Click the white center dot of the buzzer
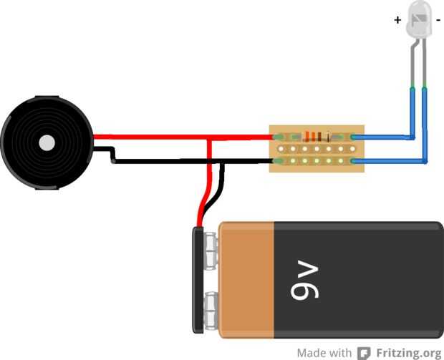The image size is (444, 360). pyautogui.click(x=47, y=142)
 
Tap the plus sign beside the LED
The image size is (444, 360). pyautogui.click(x=397, y=20)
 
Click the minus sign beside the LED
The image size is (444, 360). pyautogui.click(x=438, y=20)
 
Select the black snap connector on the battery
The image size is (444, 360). pyautogui.click(x=197, y=279)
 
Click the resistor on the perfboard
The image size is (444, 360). pyautogui.click(x=313, y=136)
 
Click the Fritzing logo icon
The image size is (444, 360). pyautogui.click(x=365, y=353)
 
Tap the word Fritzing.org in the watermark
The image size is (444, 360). pyautogui.click(x=409, y=353)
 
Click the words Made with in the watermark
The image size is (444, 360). pyautogui.click(x=324, y=353)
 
